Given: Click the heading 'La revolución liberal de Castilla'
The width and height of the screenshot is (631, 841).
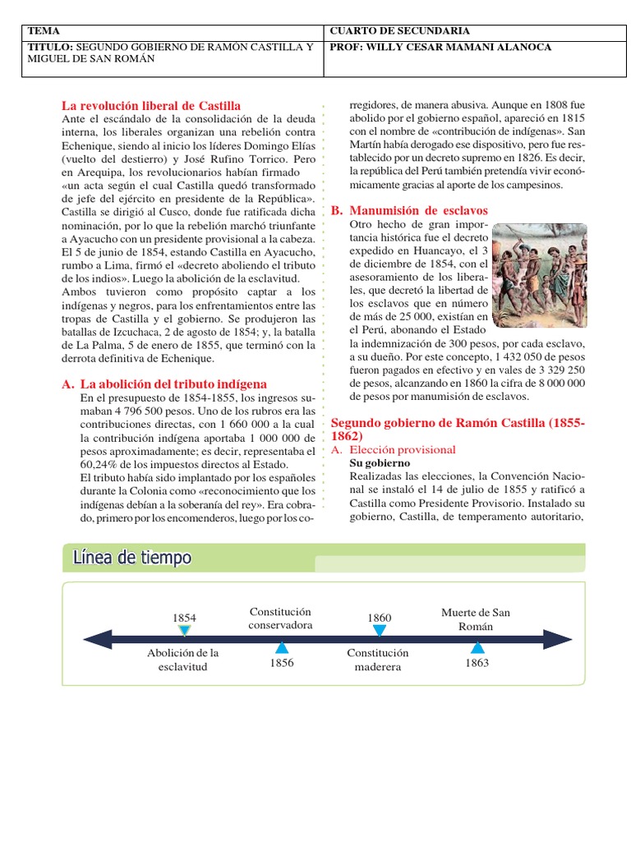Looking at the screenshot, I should click(x=151, y=106).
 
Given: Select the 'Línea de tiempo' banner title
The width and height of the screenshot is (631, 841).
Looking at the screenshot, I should click(x=132, y=558).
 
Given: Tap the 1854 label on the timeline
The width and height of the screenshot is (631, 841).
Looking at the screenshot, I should click(x=185, y=618).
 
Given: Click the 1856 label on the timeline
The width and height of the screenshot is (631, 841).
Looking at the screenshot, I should click(x=281, y=664).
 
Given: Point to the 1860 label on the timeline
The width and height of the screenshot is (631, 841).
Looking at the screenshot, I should click(x=379, y=618).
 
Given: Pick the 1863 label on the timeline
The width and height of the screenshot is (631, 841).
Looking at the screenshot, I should click(x=477, y=663).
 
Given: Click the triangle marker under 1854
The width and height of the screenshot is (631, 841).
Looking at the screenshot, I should click(x=185, y=631).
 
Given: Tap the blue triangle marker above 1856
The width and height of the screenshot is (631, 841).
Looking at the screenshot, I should click(x=281, y=649).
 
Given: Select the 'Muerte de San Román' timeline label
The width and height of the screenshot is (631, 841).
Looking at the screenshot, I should click(x=476, y=618).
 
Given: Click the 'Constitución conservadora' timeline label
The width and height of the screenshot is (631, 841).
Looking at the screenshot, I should click(x=281, y=618).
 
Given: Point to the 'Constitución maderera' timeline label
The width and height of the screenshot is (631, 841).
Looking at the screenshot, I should click(x=378, y=659).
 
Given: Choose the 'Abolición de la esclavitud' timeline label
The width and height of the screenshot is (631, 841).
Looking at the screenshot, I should click(x=183, y=659).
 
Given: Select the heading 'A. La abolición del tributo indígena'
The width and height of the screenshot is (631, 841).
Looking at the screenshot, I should click(x=164, y=384).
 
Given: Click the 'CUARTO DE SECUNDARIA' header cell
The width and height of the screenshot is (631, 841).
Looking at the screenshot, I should click(x=389, y=31).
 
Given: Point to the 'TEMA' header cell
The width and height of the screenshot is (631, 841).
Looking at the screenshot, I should click(x=40, y=31).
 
